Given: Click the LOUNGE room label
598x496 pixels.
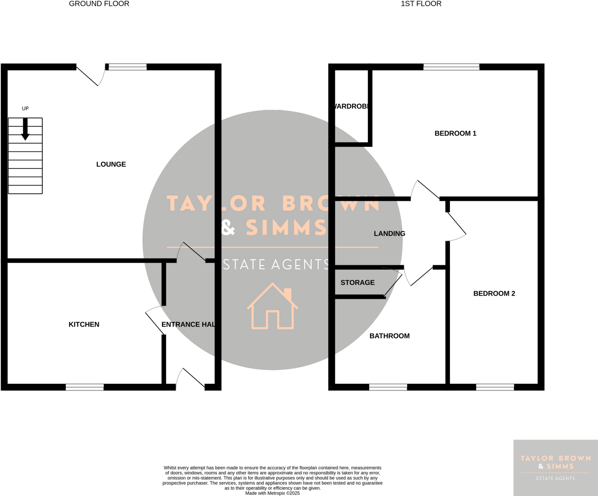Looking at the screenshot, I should pos(111,164).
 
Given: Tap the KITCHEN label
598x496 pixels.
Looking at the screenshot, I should pos(84,324).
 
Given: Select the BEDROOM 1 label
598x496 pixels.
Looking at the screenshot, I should pos(455,133).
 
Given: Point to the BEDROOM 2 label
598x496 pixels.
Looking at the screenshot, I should pos(494,293).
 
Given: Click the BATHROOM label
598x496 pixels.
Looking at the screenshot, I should pos(390,336).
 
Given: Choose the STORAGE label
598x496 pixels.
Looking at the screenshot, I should pos(357,282).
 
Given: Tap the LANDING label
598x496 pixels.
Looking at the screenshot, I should pos(390,233).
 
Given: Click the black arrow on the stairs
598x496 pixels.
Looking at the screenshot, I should pos(25,129).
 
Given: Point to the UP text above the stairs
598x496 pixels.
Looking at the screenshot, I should pos(25,108).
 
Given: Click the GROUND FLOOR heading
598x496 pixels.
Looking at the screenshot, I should pos(99,4).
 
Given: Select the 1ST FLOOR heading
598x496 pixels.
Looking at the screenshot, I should pos(421,4).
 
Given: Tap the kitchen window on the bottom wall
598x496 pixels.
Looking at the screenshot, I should pos(85,387).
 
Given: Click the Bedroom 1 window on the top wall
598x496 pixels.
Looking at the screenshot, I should pos(451,67).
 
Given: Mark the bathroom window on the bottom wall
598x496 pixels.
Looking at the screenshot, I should pos(388,387).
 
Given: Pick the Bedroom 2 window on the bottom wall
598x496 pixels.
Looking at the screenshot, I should pos(495,387).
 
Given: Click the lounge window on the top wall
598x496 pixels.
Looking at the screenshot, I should pos(128,67).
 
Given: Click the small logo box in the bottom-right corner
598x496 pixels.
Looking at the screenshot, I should pos(555,468).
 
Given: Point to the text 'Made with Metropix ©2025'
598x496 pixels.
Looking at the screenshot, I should pos(272,493).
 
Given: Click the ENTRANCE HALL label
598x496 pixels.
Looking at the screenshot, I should pos(188,324).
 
